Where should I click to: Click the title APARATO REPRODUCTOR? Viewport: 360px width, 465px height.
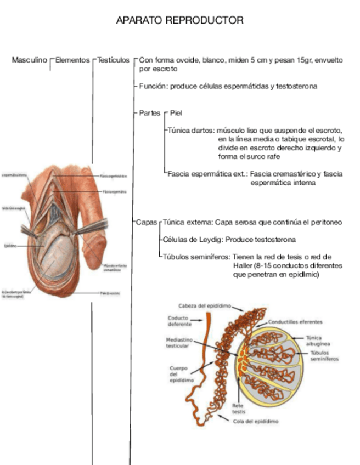179,20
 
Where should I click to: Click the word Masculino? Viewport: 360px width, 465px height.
29,60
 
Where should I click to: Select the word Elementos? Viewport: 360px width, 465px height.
72,60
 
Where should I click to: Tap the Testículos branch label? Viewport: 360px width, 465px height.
113,60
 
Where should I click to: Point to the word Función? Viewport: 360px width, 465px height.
152,86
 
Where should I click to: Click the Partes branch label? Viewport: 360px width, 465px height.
149,113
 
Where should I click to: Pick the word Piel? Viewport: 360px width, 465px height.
176,113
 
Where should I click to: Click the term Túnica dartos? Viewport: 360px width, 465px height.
189,131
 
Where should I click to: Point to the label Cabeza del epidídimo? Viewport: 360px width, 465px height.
204,305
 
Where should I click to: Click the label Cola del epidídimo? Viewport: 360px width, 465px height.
256,422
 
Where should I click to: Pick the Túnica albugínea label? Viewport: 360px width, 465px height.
314,341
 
